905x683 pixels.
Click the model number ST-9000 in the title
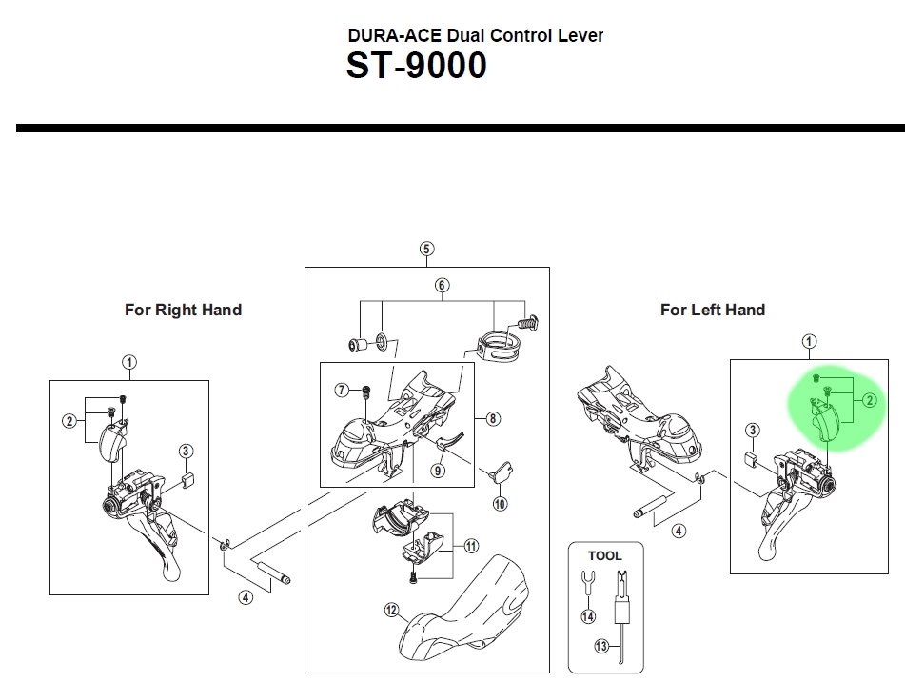(416, 66)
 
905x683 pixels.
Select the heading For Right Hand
(183, 311)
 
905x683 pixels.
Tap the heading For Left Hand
(713, 311)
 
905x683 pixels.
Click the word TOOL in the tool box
(605, 556)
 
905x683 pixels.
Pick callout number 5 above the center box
(426, 249)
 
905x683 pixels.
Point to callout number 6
(443, 285)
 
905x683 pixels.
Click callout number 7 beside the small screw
(342, 390)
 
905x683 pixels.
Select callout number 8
(492, 418)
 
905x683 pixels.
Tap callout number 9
(438, 471)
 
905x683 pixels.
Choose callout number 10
(500, 504)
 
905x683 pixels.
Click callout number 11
(472, 546)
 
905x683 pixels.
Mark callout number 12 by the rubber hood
(392, 610)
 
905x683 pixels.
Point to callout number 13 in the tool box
(601, 646)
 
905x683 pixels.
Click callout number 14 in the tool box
(588, 616)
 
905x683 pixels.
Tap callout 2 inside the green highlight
(869, 400)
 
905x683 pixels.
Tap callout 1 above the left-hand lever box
(809, 341)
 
